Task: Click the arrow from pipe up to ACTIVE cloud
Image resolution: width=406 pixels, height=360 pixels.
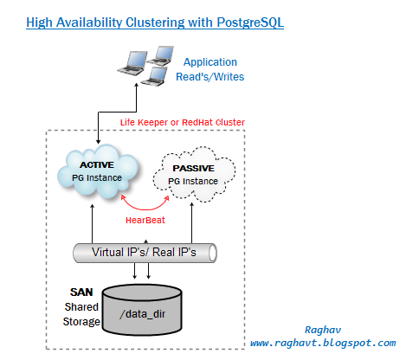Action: click(91, 221)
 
